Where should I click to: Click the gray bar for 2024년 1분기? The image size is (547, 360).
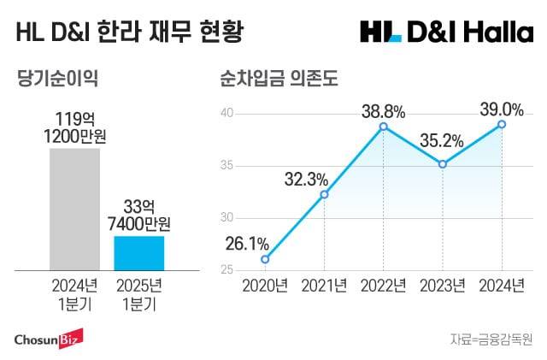point(74,209)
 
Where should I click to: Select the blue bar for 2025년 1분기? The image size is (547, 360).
point(139,252)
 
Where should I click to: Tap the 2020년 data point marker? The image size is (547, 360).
point(265,259)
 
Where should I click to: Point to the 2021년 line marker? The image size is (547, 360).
point(324,194)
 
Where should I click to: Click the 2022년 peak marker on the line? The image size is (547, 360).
point(384,127)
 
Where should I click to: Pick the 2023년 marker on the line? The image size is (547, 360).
point(443,164)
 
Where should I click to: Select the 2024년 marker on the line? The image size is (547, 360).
point(502,124)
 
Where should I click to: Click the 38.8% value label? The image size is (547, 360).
point(384,109)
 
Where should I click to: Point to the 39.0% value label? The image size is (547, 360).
point(502,108)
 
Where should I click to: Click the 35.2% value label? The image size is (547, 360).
point(443,141)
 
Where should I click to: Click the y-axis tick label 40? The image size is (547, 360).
point(227,113)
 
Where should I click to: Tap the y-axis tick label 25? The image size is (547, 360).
point(227,270)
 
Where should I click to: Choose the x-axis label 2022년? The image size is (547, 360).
point(384,286)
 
